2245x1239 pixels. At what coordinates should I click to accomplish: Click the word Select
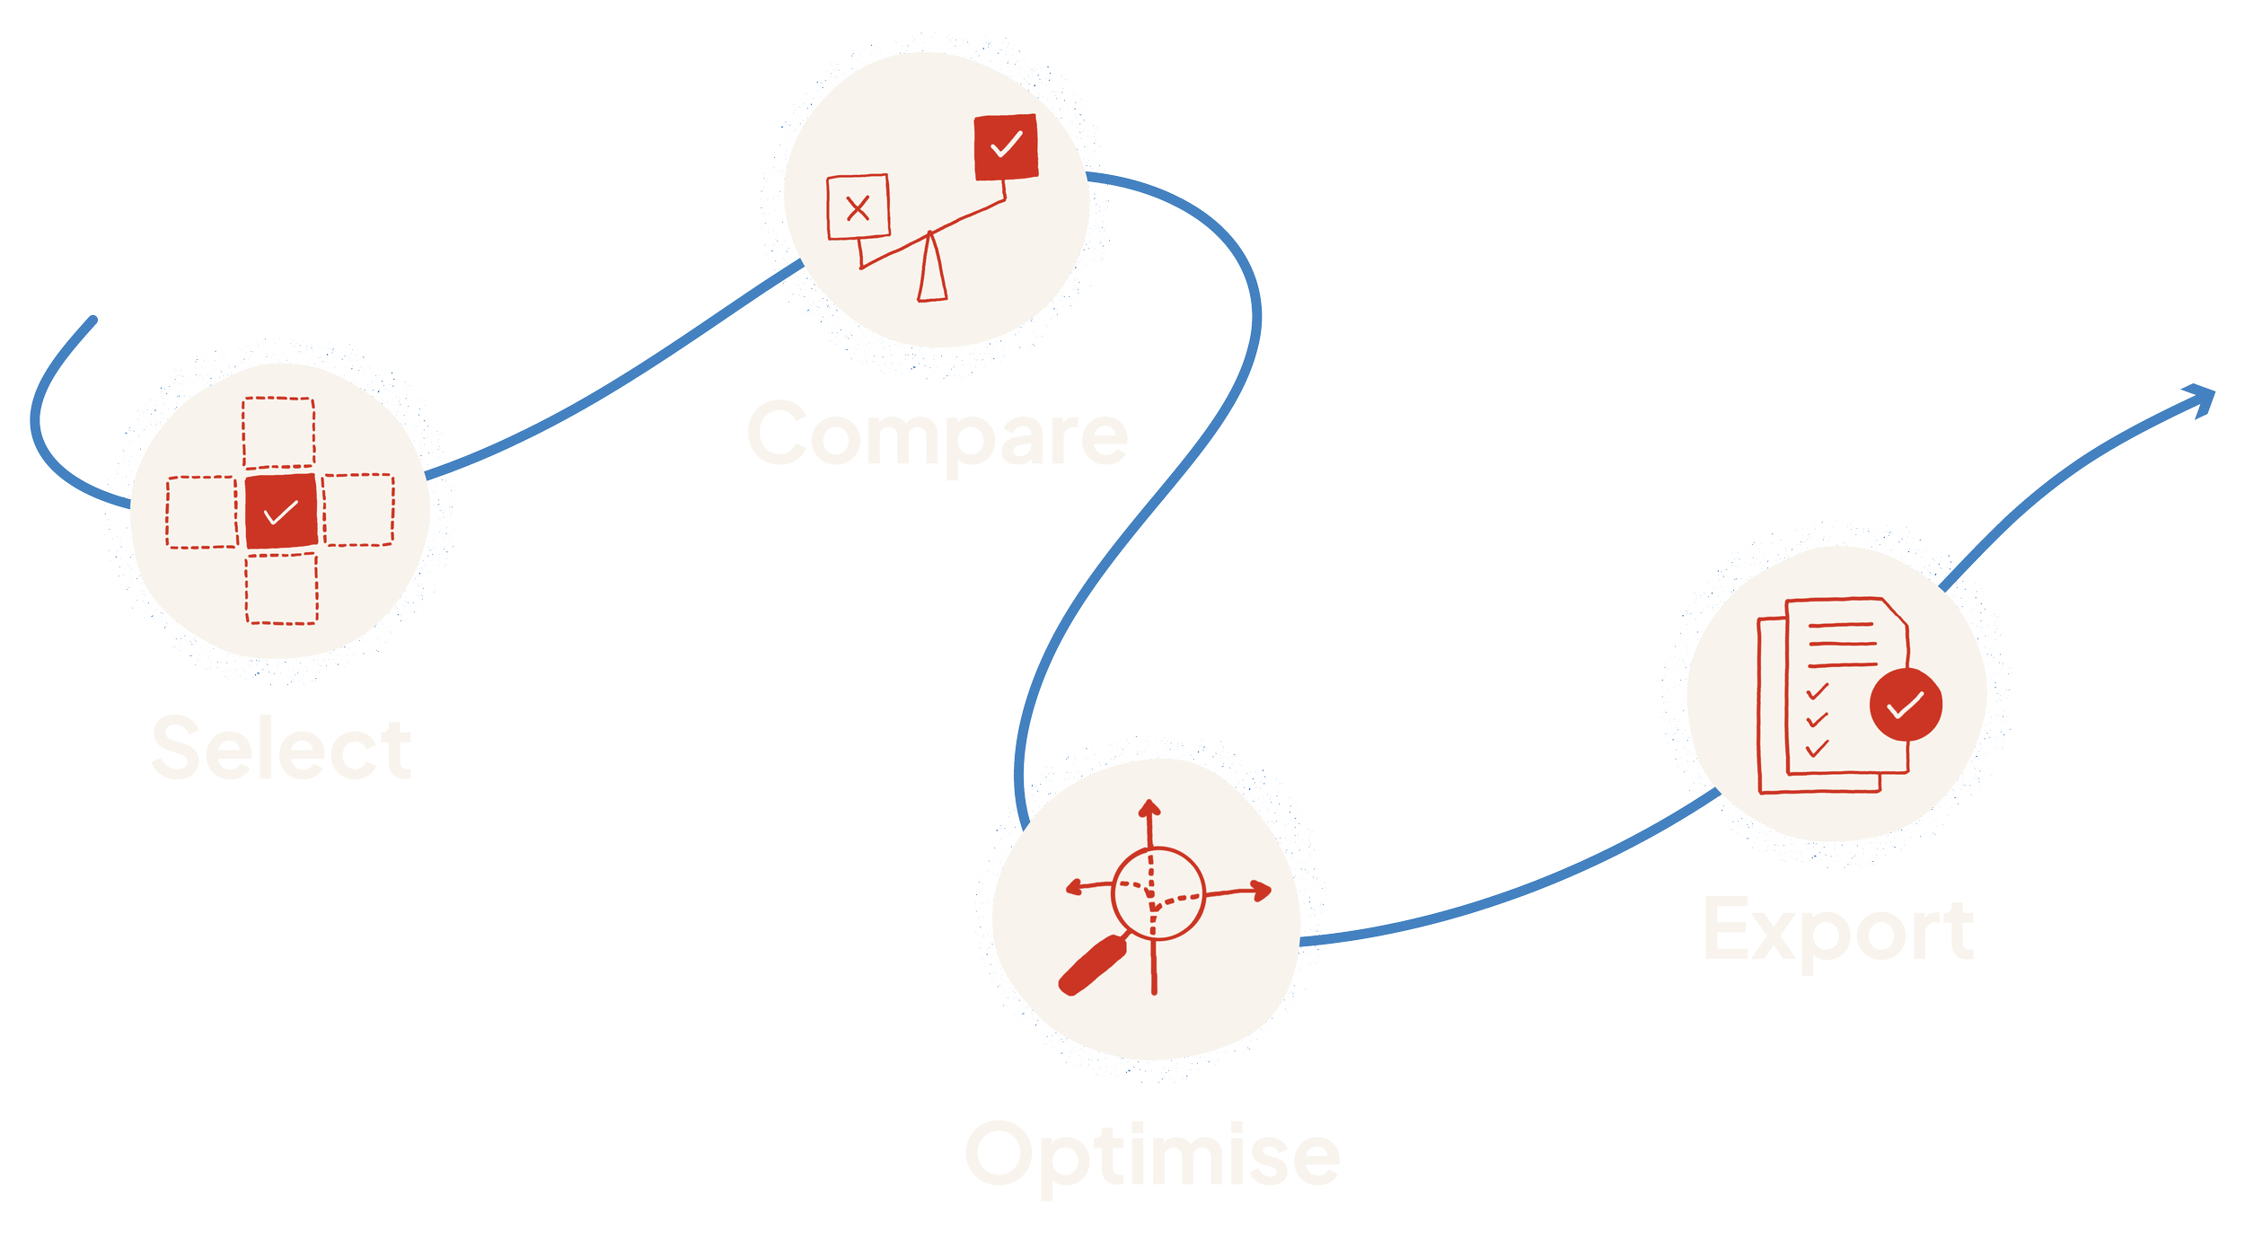[281, 748]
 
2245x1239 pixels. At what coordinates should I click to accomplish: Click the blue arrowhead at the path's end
[2201, 399]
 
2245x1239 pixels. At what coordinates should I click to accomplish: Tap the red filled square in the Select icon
[281, 511]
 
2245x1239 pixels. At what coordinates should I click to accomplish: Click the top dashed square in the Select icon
[278, 432]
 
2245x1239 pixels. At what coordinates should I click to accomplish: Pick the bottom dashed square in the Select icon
[282, 588]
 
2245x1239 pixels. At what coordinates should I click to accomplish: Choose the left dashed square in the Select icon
[202, 512]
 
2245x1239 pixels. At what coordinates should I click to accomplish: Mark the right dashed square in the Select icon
[358, 510]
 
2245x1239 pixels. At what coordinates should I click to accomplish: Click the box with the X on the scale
[858, 207]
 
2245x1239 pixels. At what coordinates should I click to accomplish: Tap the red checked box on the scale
[1006, 146]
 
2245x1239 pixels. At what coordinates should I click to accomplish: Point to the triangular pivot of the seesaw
[932, 270]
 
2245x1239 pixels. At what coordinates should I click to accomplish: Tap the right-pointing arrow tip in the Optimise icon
[1263, 891]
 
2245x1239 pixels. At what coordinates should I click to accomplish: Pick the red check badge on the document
[1906, 705]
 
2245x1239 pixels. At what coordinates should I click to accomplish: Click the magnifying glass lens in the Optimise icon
[1158, 893]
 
